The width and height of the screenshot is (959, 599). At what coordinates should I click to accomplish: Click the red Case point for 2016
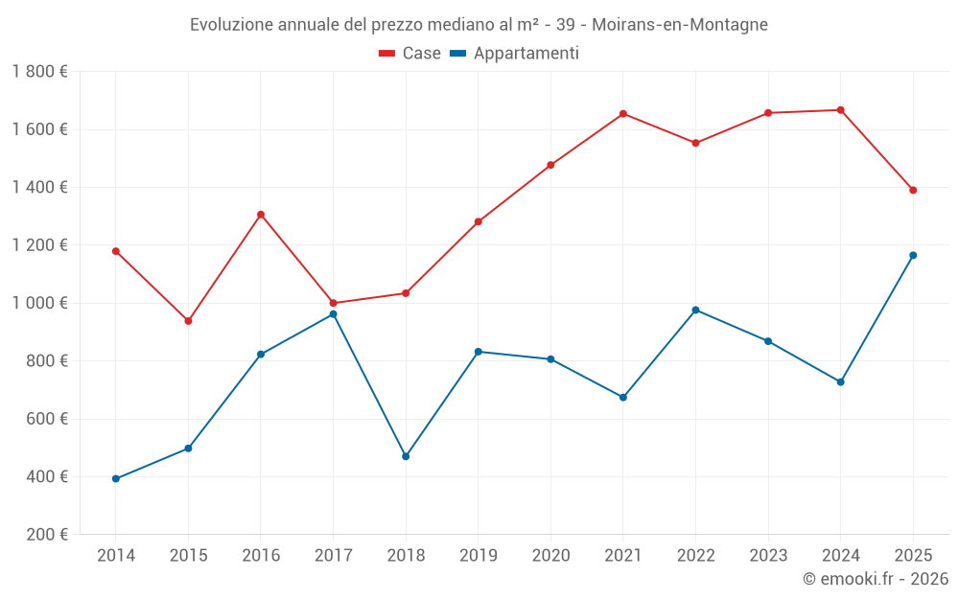[261, 215]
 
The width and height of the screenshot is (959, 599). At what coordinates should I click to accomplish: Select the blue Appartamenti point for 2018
[406, 456]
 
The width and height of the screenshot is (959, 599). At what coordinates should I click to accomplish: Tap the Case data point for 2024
[841, 110]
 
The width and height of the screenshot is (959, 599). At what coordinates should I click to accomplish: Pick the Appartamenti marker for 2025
[913, 255]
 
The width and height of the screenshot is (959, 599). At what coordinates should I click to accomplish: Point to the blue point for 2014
[116, 479]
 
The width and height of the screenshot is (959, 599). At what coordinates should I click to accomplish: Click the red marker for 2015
[188, 321]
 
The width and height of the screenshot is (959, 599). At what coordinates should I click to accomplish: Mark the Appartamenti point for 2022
[695, 311]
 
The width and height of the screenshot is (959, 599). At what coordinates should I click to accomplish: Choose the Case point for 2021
[623, 114]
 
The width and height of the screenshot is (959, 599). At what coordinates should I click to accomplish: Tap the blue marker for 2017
[333, 314]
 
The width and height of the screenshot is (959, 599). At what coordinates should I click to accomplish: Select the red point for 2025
[913, 190]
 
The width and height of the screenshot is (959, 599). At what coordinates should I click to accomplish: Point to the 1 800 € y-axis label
[39, 72]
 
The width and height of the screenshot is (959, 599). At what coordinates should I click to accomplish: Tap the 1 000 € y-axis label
[39, 303]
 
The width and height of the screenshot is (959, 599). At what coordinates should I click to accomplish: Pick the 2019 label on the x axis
[479, 556]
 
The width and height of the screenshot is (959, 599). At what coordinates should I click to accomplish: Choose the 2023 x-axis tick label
[768, 556]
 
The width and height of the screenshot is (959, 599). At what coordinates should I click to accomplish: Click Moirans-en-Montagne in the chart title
[687, 25]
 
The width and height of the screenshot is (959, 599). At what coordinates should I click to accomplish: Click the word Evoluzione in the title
[231, 25]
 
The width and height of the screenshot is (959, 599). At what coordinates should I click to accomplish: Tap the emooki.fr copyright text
[875, 579]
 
